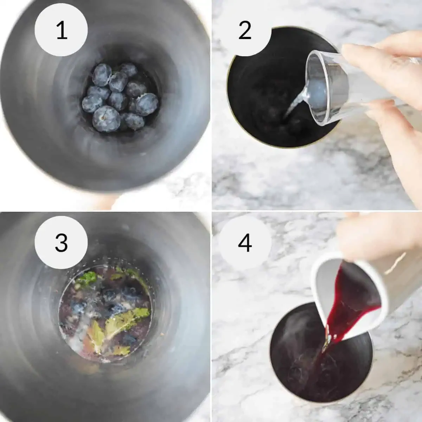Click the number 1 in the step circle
[62, 31]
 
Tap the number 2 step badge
[245, 31]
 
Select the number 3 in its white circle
[62, 242]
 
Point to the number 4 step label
[245, 242]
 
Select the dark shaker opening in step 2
[267, 91]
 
